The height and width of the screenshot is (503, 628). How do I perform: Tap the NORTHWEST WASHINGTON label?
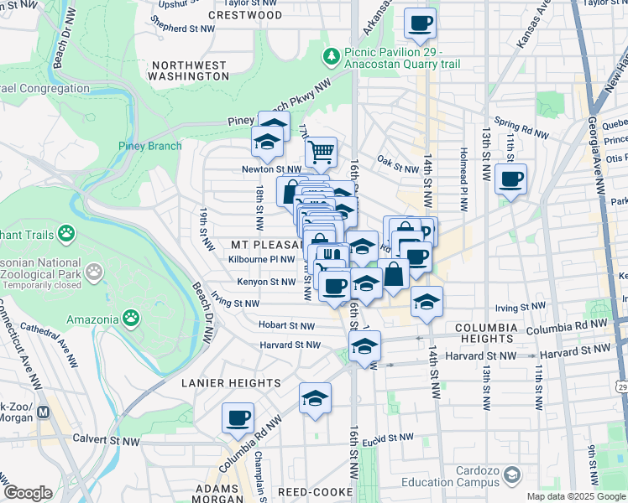point(189,70)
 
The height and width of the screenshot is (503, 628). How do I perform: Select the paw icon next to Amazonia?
point(131,318)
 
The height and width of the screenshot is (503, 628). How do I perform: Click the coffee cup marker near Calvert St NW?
point(238,417)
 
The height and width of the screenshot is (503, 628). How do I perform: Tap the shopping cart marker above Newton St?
point(320,152)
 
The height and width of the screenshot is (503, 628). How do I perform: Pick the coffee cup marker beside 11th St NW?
point(510,179)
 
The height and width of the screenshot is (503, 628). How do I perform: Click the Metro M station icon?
point(44,413)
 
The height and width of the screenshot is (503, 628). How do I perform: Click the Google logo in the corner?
point(27,493)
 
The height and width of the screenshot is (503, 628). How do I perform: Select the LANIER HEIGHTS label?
point(231,383)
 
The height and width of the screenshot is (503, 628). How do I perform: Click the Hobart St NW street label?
point(286,325)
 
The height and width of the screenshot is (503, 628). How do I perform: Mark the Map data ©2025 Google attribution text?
point(576,496)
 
